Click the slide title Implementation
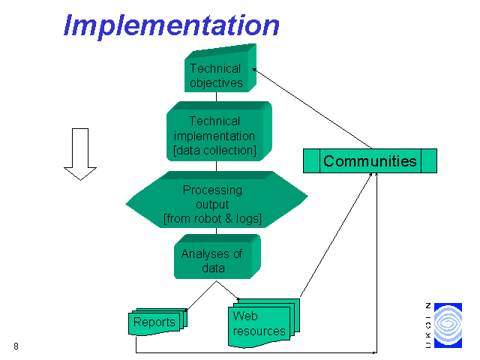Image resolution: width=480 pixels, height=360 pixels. pos(172,26)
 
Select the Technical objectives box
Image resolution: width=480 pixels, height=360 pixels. pos(220,68)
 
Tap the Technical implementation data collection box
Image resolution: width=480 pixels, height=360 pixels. pos(219,131)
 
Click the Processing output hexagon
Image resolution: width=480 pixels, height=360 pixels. pos(217,199)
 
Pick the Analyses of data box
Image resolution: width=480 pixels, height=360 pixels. pos(217,256)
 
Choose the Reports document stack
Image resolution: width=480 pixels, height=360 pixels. pos(157,322)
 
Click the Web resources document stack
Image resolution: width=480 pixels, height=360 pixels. pos(264,323)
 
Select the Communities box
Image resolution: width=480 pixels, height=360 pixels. pos(370,161)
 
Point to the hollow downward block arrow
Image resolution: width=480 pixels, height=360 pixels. pos(80,154)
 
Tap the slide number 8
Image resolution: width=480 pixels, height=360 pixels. pos(16,346)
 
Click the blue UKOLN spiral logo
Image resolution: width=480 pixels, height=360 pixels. pos(448,325)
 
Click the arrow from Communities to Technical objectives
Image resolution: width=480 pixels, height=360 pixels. pos(312,109)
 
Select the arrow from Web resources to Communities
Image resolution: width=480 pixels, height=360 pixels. pos(336,235)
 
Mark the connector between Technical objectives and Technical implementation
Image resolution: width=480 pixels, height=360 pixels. pos(217,97)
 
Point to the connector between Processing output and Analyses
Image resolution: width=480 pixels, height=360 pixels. pos(217,231)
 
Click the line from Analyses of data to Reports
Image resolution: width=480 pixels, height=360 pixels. pos(202,295)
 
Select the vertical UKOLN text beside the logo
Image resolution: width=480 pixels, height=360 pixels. pos(428,325)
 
